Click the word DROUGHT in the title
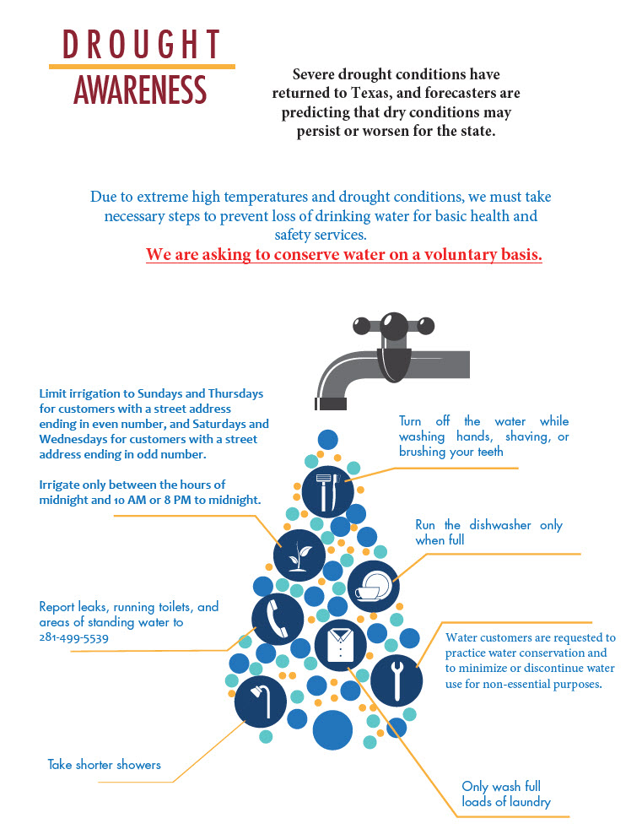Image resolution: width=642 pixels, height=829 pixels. click(x=142, y=44)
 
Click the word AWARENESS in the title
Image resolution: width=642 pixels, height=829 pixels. click(x=140, y=90)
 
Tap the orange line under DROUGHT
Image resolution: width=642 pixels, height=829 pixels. click(x=142, y=66)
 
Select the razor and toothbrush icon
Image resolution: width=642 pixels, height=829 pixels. click(x=327, y=490)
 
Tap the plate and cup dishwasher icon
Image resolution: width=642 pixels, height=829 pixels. click(x=372, y=585)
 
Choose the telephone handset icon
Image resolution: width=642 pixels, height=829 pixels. click(x=278, y=618)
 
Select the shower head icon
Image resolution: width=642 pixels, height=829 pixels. click(x=260, y=701)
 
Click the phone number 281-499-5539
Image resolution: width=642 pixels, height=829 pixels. click(x=73, y=637)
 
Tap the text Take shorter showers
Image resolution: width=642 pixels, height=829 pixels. click(x=104, y=765)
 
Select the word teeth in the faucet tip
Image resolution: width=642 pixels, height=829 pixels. click(x=488, y=452)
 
